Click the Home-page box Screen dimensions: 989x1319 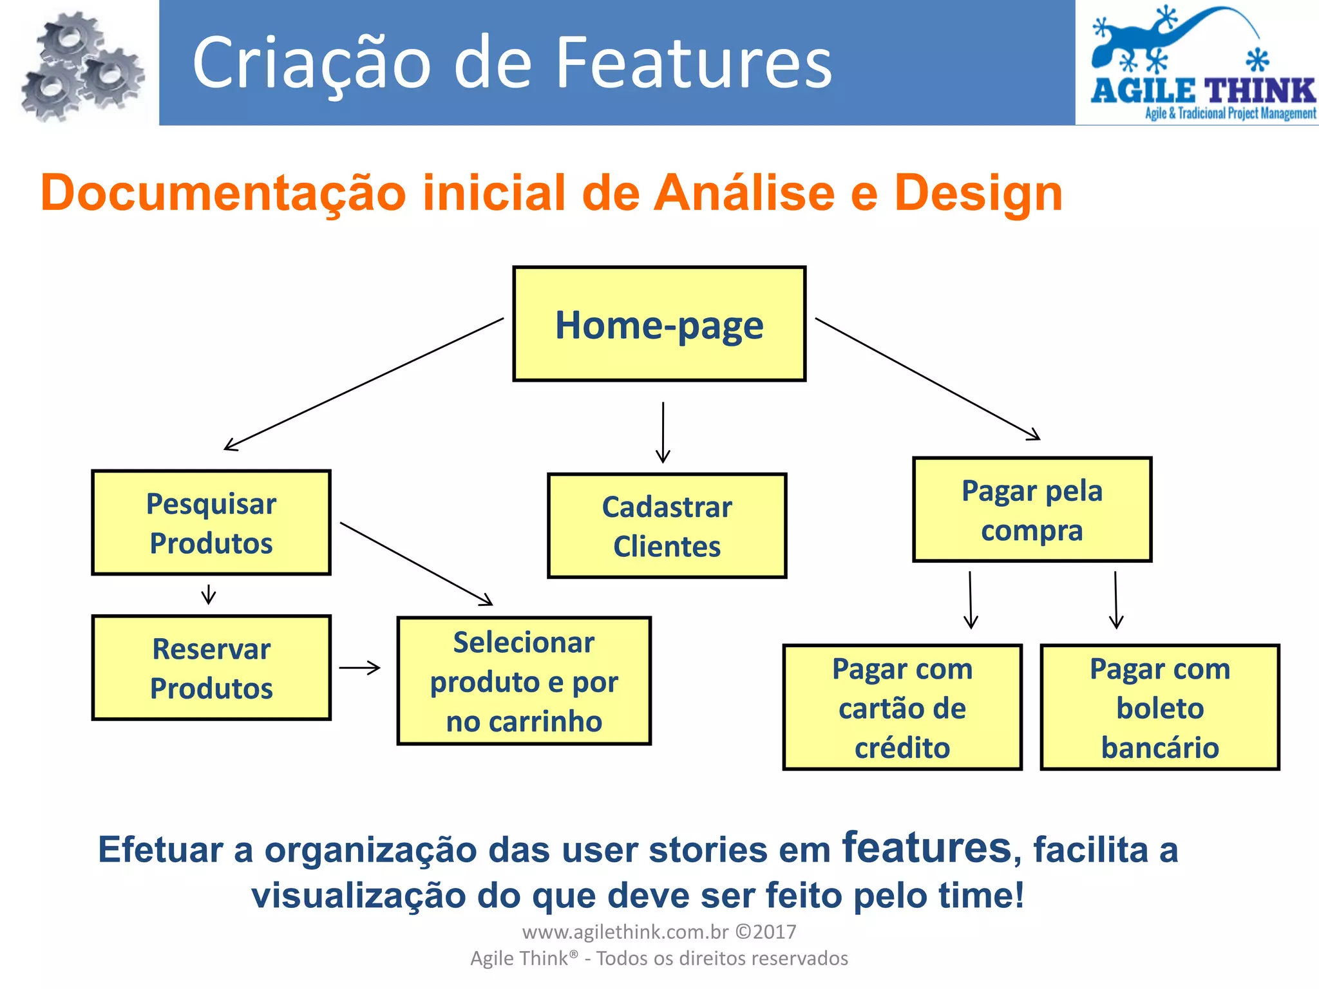coord(659,324)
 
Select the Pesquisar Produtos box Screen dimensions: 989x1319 coord(211,522)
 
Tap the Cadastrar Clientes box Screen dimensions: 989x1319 coord(667,526)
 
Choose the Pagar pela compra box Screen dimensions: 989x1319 coord(1032,509)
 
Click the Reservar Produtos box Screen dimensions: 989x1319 coord(211,668)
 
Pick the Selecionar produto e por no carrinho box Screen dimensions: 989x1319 coord(524,681)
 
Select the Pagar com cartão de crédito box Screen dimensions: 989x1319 coord(902,707)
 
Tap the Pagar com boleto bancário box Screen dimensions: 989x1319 coord(1159,707)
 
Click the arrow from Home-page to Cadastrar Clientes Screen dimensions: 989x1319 coord(663,432)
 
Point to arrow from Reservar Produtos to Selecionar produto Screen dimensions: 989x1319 coord(359,668)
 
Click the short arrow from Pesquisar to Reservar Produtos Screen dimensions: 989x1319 coord(208,594)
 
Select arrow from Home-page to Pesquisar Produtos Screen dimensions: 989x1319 coord(364,384)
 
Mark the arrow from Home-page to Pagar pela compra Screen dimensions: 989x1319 coord(927,379)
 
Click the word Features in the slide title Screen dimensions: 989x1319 coord(694,63)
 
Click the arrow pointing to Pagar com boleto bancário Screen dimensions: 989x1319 coord(1116,600)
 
